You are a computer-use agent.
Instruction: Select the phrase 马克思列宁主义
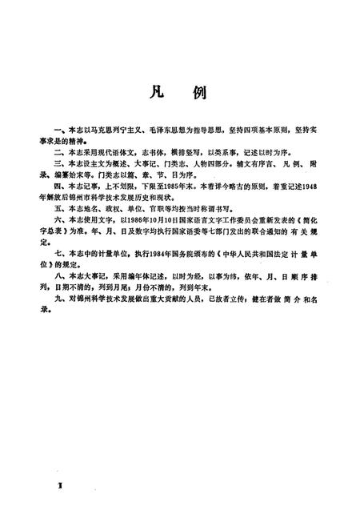click(x=110, y=128)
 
